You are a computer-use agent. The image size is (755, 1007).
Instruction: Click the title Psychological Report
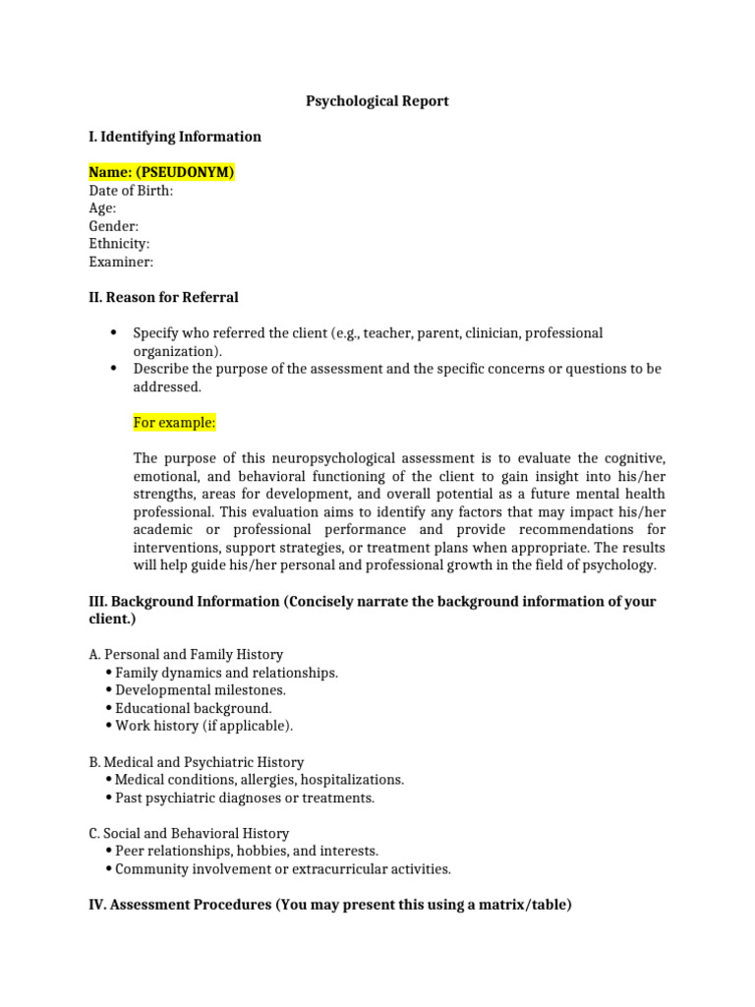click(377, 101)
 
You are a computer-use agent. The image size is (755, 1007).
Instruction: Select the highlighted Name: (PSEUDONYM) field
click(161, 173)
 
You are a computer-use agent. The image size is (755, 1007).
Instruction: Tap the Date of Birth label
click(131, 191)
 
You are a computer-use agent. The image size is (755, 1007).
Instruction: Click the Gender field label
click(113, 226)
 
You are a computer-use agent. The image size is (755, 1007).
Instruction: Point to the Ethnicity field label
click(119, 244)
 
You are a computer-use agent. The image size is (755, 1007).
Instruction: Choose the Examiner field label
click(121, 262)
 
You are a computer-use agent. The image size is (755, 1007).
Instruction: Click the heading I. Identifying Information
click(175, 137)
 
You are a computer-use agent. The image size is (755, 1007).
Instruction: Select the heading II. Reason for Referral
click(163, 297)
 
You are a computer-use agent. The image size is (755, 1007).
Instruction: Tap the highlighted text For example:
click(174, 423)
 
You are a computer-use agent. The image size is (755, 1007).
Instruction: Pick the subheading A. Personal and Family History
click(186, 654)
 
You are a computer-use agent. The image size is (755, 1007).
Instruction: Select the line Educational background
click(194, 708)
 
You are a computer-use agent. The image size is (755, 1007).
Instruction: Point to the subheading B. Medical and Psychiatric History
click(196, 762)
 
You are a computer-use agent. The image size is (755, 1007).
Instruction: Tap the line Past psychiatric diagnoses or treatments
click(245, 798)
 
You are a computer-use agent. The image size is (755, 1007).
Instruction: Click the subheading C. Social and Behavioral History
click(189, 833)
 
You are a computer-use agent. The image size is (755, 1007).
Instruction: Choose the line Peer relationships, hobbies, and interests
click(247, 851)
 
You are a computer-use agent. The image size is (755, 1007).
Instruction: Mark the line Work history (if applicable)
click(203, 726)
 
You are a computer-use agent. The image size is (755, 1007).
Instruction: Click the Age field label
click(102, 208)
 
